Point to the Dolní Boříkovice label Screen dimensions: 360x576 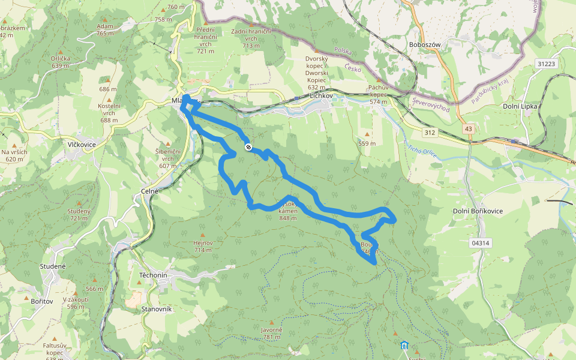click(478, 211)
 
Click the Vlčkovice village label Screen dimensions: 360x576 click(79, 145)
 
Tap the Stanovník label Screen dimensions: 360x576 click(157, 308)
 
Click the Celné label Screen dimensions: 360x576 click(149, 191)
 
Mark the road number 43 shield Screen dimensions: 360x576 click(467, 128)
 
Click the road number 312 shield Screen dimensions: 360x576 click(428, 132)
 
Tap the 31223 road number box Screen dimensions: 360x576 click(547, 64)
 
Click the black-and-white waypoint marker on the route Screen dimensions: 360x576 click(248, 147)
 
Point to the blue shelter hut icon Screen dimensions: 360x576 click(405, 345)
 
